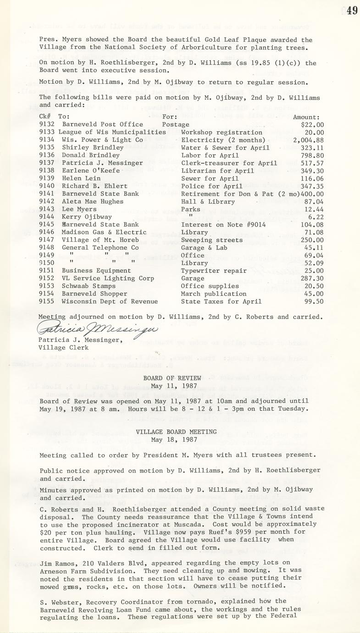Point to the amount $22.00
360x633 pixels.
[312, 124]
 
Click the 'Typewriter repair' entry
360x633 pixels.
[214, 271]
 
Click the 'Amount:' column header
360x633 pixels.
[306, 117]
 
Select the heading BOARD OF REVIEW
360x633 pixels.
[172, 378]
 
